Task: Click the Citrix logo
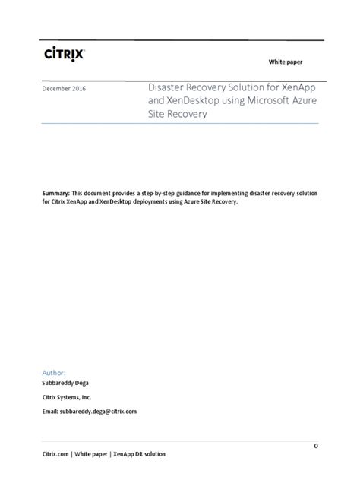point(63,53)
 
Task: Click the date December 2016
point(63,89)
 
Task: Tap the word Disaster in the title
point(164,88)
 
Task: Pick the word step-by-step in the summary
point(156,194)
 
